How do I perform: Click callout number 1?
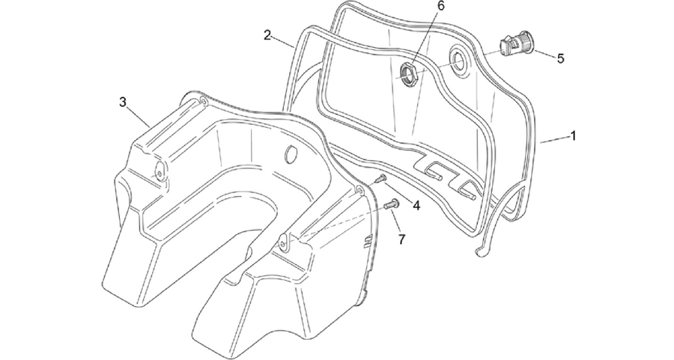pos(573,136)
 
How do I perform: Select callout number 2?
pos(267,34)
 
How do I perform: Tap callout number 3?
pos(123,103)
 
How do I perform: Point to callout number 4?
pos(416,206)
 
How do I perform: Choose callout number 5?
pos(560,58)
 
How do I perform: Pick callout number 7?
pos(401,240)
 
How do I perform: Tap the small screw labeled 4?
pos(379,179)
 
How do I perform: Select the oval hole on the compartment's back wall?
pos(291,153)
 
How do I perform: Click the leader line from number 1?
pos(553,140)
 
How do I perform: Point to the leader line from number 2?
pos(284,42)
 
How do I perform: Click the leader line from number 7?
pos(396,222)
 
